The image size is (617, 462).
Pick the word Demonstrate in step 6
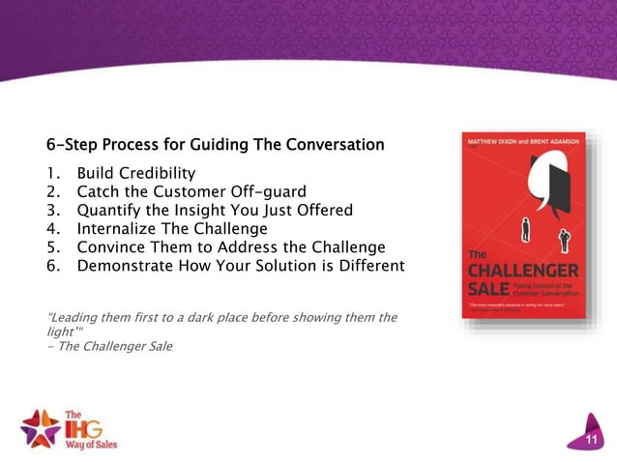(x=131, y=265)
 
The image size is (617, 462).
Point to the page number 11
(x=592, y=441)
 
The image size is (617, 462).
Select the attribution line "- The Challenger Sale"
(x=109, y=345)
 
